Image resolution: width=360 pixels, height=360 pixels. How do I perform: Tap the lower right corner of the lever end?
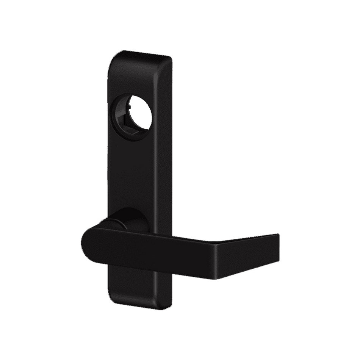(279, 262)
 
